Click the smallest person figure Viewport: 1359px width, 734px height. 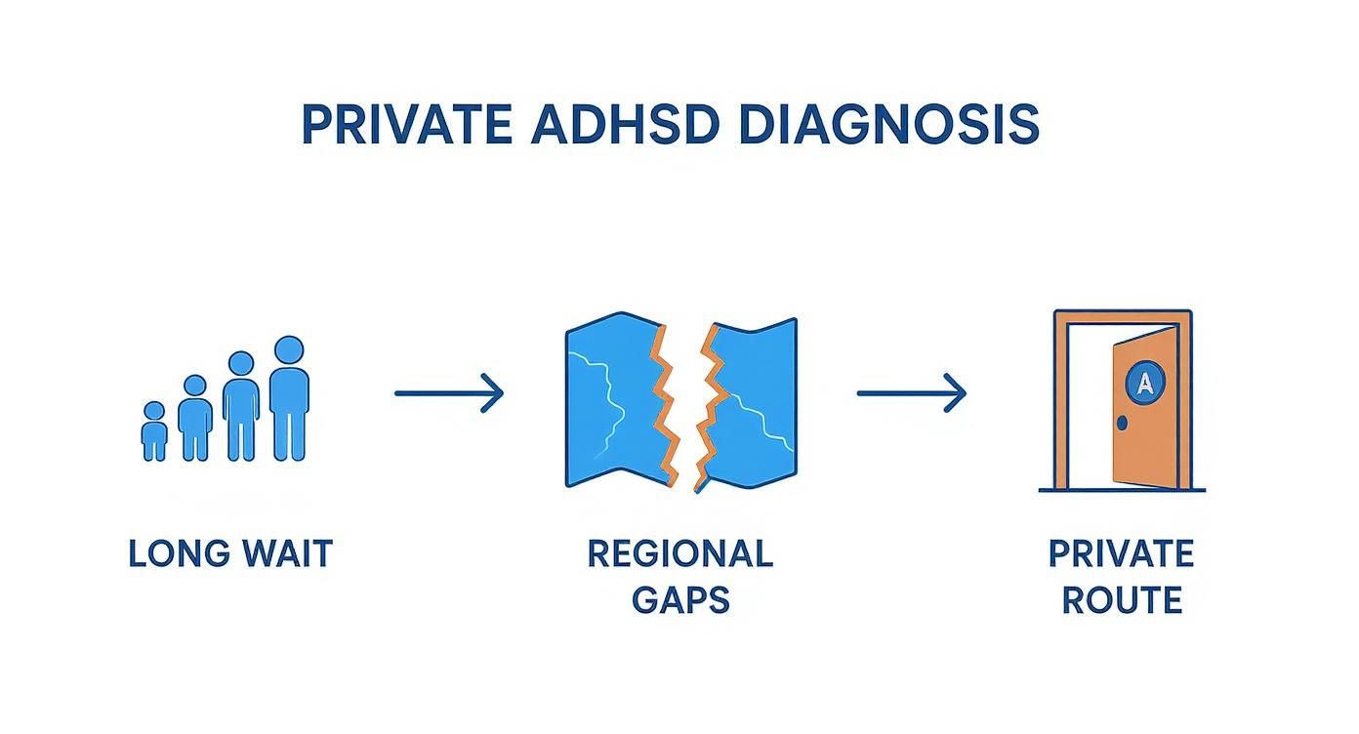[154, 431]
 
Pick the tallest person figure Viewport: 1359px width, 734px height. [289, 400]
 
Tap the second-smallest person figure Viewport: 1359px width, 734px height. [195, 419]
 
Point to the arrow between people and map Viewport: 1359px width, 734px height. [449, 393]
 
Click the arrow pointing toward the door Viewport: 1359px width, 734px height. [912, 393]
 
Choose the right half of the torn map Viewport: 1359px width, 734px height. [752, 400]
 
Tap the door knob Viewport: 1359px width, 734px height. [1122, 423]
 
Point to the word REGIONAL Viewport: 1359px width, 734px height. [679, 553]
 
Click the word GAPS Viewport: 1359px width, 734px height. [679, 599]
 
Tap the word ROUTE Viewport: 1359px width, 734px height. [1122, 599]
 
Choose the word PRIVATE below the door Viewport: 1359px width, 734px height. [1121, 553]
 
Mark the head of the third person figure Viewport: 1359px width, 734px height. [240, 364]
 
